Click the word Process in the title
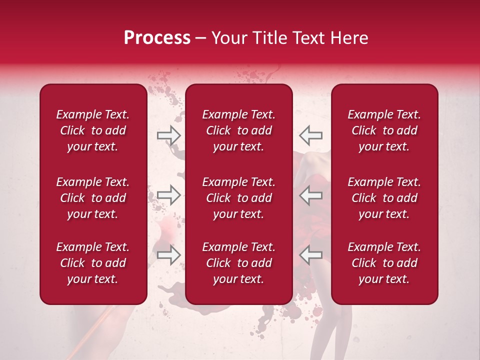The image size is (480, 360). coord(157,38)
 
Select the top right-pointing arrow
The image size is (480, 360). coord(168,135)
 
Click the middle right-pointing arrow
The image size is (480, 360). coord(168,195)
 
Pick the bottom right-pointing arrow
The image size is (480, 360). coord(168,255)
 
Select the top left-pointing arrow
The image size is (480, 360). coord(311,135)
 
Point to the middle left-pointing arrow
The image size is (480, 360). coord(311,195)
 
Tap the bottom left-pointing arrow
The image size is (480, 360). coord(311,255)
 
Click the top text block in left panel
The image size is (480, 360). coord(93,130)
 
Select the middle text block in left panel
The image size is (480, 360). coord(93,198)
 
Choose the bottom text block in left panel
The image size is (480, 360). coord(93,263)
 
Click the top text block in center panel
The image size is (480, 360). coord(238,130)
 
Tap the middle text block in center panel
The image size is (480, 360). coord(238,198)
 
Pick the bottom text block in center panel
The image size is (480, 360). coord(238,263)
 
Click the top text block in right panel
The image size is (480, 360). coord(384,130)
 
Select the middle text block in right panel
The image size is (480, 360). coord(384,198)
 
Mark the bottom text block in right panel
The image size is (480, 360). coord(384,263)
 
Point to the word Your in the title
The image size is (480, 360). coord(227,38)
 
